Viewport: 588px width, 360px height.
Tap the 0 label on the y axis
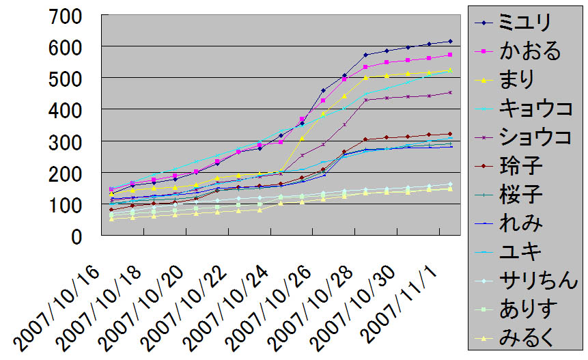[x=85, y=236]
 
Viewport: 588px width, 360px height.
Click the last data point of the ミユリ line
[x=450, y=41]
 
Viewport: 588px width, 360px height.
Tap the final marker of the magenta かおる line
[x=450, y=55]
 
